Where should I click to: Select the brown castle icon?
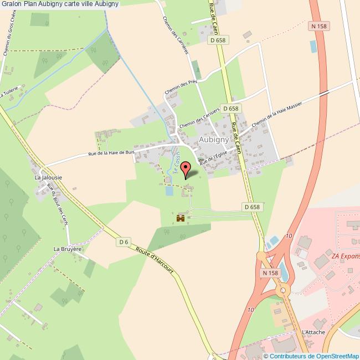[180, 218]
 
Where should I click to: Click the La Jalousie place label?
[48, 177]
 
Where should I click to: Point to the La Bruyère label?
[68, 249]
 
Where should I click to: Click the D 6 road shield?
[124, 241]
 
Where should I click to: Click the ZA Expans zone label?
[345, 256]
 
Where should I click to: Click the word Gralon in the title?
[11, 5]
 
